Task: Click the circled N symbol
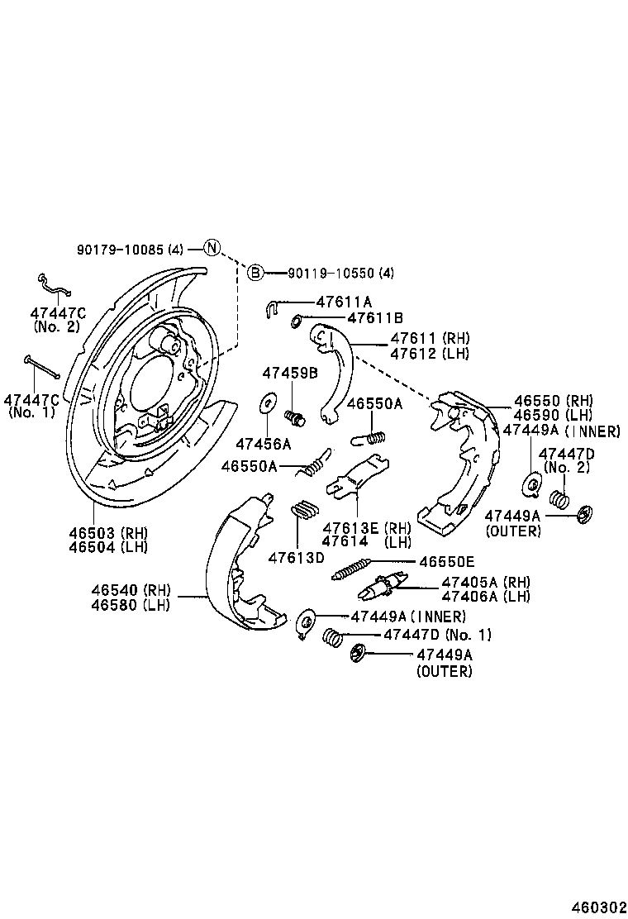pos(212,248)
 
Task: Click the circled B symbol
pos(255,273)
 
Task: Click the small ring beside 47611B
pos(297,318)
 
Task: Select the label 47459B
pos(290,374)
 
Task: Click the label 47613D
pos(295,558)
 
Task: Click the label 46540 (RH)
pos(131,590)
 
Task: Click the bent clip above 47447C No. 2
pos(55,285)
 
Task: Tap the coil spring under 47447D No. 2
pos(559,499)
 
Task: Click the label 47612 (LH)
pos(429,353)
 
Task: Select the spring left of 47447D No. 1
pos(333,638)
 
